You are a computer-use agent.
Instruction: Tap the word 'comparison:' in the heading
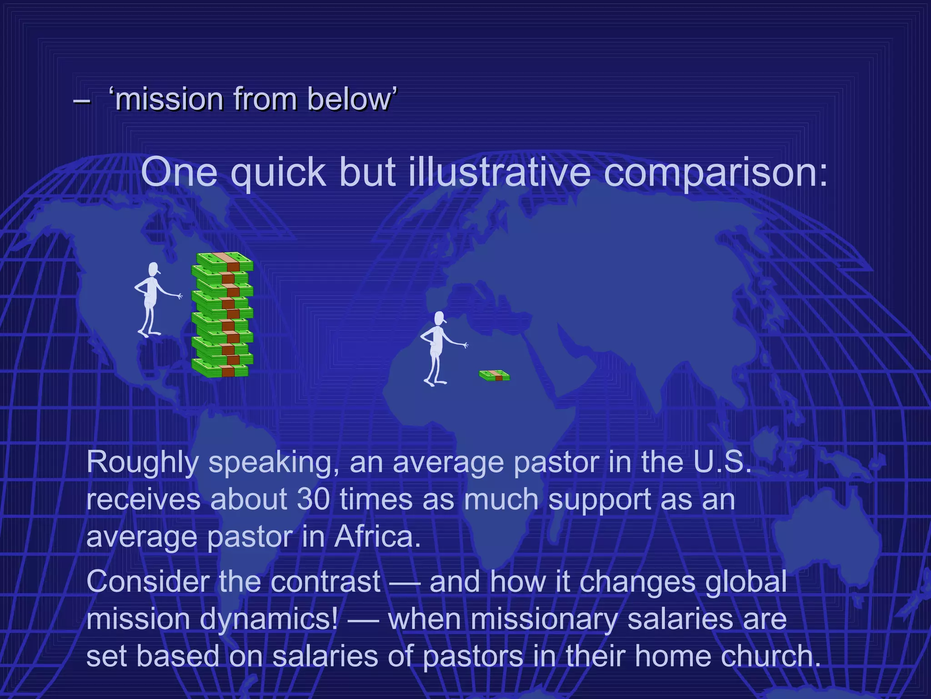point(716,173)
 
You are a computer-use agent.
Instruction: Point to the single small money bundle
point(495,376)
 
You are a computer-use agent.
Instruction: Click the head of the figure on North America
point(154,269)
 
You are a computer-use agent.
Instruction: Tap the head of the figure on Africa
point(439,318)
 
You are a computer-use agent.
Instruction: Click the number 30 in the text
point(313,499)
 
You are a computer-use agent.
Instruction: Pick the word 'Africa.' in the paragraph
point(377,537)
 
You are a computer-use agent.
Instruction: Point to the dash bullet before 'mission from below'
point(81,100)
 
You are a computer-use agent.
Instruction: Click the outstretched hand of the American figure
point(179,296)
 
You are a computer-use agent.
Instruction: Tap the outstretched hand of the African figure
point(465,346)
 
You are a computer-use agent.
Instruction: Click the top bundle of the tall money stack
point(225,262)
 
